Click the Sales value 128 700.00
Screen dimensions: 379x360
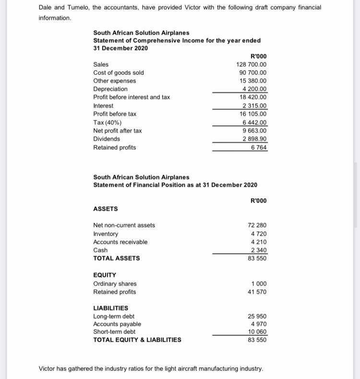252,64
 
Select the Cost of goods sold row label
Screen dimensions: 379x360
118,72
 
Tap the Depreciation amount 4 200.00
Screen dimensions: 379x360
255,89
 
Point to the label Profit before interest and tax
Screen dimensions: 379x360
131,97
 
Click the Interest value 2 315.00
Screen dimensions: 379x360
255,106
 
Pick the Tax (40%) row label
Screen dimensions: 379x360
107,122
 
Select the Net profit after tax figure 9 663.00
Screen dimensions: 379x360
255,130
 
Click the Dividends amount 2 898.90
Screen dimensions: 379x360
255,139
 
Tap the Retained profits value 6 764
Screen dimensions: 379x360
259,147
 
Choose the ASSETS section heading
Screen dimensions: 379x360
105,209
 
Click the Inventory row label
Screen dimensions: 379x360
105,234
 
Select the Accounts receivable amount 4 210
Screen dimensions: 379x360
259,242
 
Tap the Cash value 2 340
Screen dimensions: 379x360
259,250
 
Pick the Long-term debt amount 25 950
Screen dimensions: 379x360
257,317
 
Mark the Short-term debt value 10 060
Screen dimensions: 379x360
257,332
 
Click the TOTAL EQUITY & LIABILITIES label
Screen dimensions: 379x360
137,340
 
